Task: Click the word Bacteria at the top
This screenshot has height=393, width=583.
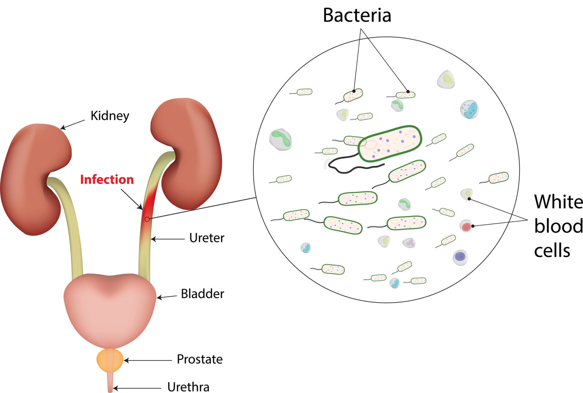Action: coord(357,15)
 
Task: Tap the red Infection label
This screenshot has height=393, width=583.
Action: coord(107,180)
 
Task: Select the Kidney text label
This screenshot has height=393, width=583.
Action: coord(110,116)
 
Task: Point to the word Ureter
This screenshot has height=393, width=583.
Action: coord(207,238)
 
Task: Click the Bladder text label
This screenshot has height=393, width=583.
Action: coord(202,294)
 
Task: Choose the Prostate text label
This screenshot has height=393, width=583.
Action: coord(200,359)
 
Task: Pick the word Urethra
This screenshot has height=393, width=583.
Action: coord(188,387)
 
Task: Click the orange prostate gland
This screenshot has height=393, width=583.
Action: coord(110,360)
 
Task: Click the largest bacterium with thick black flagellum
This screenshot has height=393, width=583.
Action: coord(389,144)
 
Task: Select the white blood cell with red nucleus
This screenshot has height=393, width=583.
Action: coord(466,226)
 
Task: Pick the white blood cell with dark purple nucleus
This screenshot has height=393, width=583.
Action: coord(460,257)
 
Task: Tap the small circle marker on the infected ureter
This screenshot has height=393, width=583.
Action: coord(147,219)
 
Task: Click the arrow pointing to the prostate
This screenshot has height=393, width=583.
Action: coord(148,360)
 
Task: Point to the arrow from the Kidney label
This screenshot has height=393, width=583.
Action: coord(73,125)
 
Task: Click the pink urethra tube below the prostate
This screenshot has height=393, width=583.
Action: coord(110,382)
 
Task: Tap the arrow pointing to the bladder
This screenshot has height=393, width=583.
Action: coord(167,297)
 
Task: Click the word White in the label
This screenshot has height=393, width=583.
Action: coord(559,202)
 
